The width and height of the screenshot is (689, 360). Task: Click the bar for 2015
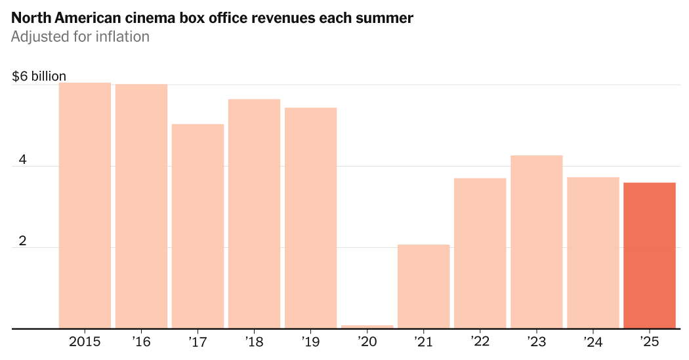(x=85, y=205)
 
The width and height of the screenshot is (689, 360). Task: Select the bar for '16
(x=141, y=206)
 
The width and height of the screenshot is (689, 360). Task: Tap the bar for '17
(x=198, y=226)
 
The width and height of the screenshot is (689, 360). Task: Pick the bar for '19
(x=310, y=218)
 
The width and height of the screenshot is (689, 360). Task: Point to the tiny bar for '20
(x=367, y=326)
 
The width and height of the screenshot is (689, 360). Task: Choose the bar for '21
(x=423, y=287)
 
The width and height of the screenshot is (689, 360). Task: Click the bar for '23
(x=536, y=242)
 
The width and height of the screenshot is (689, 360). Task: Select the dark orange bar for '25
(x=649, y=256)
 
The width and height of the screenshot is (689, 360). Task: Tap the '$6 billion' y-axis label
(x=39, y=77)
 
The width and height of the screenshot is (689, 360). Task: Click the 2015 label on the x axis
(x=85, y=342)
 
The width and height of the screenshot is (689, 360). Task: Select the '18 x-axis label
(x=254, y=342)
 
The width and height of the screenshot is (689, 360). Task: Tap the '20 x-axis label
(x=367, y=342)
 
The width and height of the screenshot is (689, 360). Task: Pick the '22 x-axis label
(x=480, y=342)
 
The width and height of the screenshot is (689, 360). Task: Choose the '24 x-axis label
(x=593, y=342)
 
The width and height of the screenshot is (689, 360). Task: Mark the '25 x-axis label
(x=649, y=342)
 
